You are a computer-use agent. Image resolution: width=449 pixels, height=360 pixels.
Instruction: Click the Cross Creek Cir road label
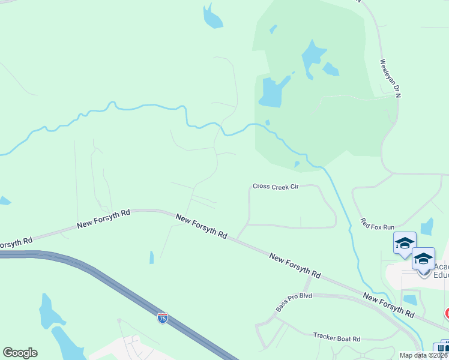[x=276, y=187]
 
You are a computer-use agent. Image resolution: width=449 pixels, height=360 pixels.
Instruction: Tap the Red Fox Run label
[x=378, y=224]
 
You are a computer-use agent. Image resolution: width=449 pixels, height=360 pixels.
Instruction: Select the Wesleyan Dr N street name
[x=390, y=78]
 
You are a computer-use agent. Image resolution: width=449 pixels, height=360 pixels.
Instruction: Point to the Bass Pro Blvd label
[x=294, y=302]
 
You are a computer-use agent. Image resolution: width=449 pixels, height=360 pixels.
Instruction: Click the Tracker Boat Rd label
[x=337, y=339]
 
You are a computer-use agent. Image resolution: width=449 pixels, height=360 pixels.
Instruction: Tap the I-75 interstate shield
[x=162, y=318]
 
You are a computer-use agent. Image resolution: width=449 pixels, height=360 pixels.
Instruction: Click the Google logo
[x=20, y=353]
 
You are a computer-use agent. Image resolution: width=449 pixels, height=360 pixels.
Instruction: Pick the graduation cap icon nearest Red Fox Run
[x=405, y=243]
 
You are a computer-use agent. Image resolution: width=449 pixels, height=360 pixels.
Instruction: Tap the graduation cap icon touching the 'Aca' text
[x=423, y=259]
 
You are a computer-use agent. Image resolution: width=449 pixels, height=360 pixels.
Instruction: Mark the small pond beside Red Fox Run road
[x=427, y=226]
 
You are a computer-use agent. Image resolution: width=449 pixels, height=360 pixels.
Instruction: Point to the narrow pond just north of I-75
[x=151, y=257]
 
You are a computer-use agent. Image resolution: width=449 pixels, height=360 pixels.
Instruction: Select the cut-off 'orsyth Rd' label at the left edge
[x=15, y=243]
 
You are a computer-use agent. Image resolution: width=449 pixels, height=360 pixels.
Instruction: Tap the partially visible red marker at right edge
[x=447, y=313]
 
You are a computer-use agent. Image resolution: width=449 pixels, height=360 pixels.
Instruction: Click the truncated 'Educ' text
[x=441, y=277]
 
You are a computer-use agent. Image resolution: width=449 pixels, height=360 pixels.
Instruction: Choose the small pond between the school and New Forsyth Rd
[x=411, y=299]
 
